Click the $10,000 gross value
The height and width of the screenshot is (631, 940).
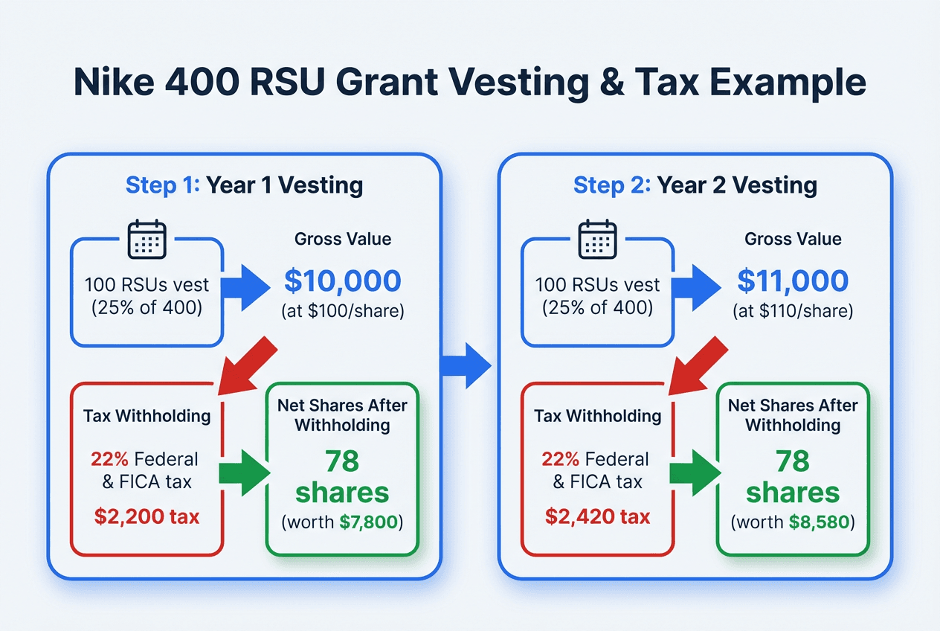[343, 281]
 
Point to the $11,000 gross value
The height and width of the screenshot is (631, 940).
[793, 281]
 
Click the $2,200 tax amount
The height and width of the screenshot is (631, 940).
[146, 516]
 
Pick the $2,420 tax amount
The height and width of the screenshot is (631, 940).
[596, 516]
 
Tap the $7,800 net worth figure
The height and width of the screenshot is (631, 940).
[370, 522]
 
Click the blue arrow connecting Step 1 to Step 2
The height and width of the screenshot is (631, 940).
[467, 365]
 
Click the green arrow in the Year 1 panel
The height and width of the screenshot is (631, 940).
[244, 472]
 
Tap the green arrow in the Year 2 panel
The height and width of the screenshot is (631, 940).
[695, 472]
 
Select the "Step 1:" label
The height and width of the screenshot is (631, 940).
[162, 185]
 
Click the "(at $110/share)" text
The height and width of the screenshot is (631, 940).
[793, 311]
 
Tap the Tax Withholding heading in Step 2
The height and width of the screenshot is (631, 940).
[598, 415]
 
